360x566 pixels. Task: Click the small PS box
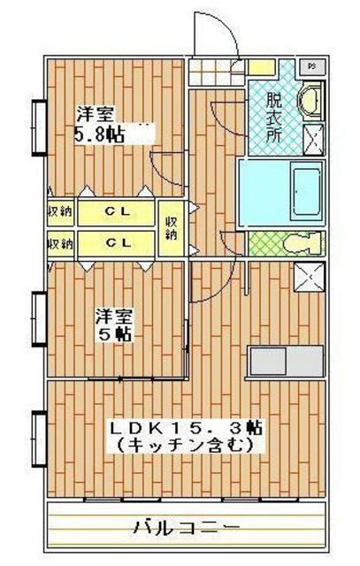tap(312, 66)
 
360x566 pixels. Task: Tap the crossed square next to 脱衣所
tap(313, 137)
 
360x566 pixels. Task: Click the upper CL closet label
tap(119, 211)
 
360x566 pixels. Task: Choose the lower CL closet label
tap(119, 241)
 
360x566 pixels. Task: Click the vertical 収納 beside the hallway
tap(171, 227)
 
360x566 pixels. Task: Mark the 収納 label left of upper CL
tap(59, 211)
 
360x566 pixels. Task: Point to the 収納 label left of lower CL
tap(59, 241)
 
